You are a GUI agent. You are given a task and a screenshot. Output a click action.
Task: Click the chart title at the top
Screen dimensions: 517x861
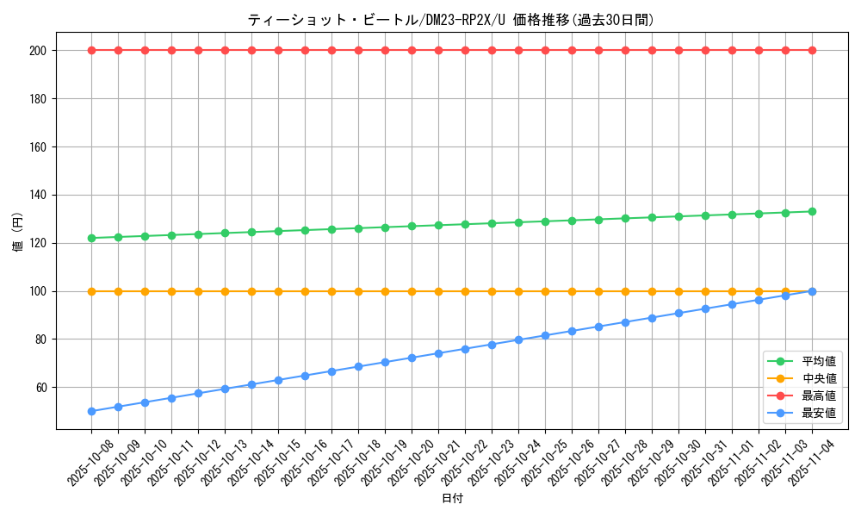450,20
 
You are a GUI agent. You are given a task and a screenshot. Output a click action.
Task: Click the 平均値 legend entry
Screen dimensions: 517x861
819,362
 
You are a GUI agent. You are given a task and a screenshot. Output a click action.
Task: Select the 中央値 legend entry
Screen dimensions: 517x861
819,379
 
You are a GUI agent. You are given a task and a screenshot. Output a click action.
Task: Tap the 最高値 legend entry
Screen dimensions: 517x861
819,396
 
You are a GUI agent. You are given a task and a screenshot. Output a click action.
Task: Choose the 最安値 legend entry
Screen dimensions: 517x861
819,414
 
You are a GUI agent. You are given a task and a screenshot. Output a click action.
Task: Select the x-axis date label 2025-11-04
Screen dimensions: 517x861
813,463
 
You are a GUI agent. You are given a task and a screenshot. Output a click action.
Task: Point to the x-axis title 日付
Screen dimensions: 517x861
452,499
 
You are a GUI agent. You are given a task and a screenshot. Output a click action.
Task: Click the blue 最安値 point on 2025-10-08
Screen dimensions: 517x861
91,411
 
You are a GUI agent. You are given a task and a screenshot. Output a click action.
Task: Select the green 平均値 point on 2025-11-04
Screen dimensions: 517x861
812,211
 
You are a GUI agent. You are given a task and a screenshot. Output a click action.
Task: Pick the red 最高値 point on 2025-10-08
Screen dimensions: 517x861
91,50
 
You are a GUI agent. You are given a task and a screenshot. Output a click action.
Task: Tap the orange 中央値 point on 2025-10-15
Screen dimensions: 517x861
278,291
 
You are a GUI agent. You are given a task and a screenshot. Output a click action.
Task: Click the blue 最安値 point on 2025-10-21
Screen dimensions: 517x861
438,353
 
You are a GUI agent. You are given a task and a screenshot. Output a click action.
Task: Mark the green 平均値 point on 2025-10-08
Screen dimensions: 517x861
91,238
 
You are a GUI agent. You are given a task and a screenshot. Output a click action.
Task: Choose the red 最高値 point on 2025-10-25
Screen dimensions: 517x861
545,50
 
